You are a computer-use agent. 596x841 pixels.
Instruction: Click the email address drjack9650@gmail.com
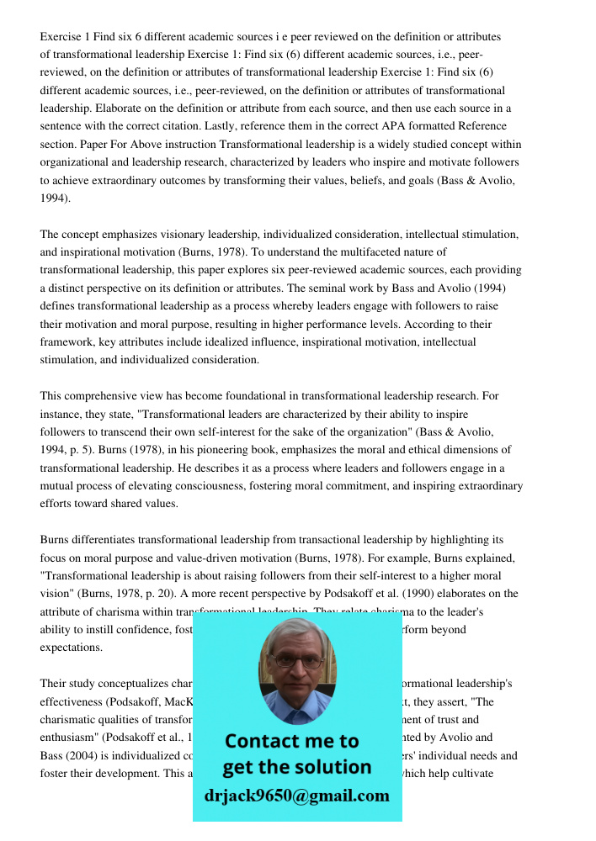coord(296,795)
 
